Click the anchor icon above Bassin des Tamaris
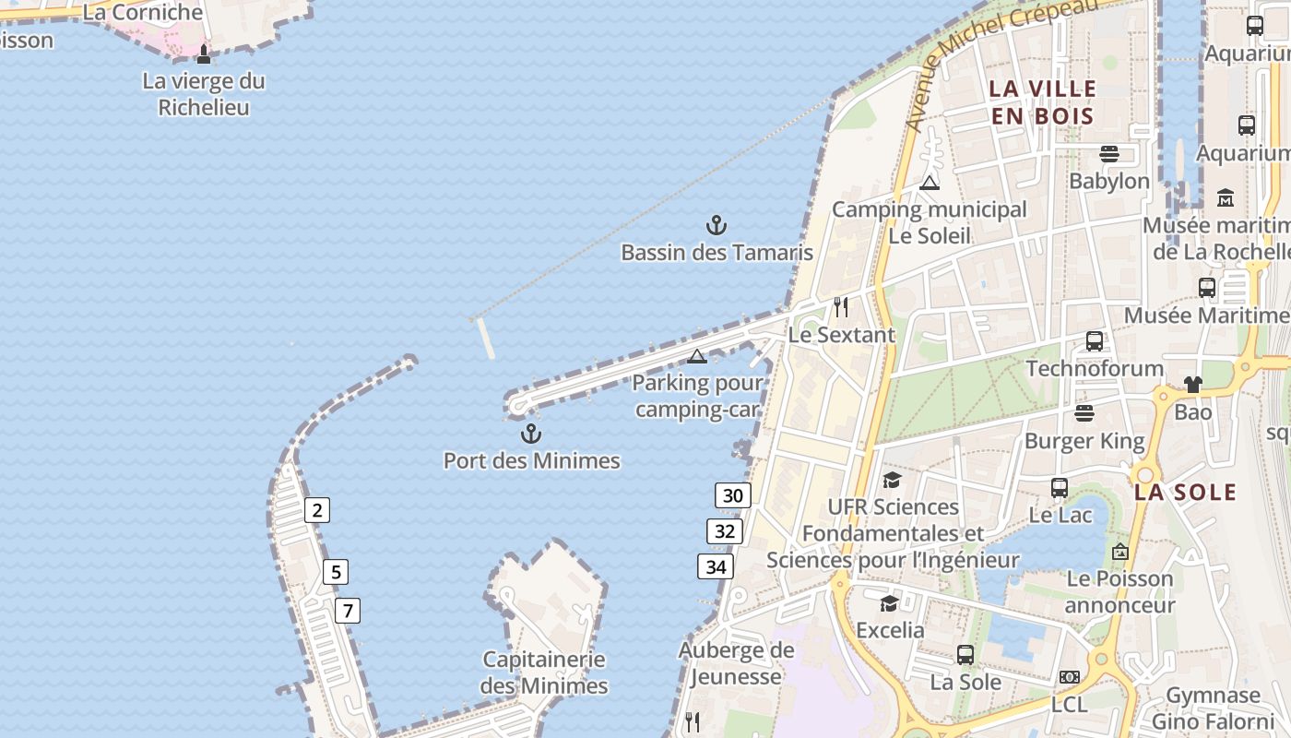[x=717, y=225]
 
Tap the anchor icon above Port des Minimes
[x=531, y=434]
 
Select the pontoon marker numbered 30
[x=733, y=495]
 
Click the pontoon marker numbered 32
[x=725, y=531]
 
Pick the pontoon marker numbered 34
[x=716, y=566]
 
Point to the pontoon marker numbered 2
[x=317, y=510]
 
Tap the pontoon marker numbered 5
[x=336, y=573]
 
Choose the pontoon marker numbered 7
[x=348, y=611]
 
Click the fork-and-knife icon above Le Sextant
[x=841, y=306]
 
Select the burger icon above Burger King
[x=1084, y=412]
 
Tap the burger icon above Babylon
[x=1109, y=153]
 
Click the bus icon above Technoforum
[x=1095, y=341]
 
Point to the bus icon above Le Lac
[x=1060, y=487]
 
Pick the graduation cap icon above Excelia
[x=889, y=603]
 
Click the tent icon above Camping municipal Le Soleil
[x=929, y=183]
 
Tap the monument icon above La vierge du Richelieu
[x=204, y=54]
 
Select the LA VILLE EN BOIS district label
[x=1042, y=102]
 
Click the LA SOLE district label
[x=1185, y=492]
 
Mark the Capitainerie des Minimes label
[x=544, y=673]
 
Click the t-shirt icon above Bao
[x=1193, y=384]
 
